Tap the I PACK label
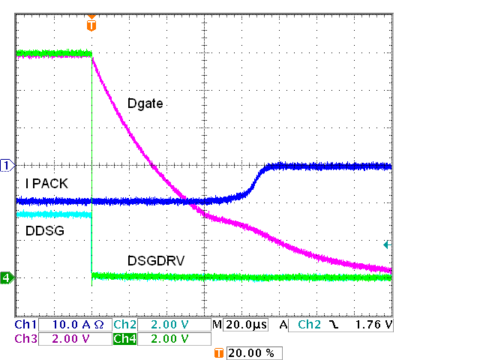click(47, 183)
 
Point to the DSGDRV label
click(155, 260)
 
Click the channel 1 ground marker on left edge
click(7, 165)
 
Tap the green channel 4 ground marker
click(7, 277)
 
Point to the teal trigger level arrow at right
click(387, 244)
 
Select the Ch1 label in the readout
click(25, 325)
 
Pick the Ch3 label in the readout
click(25, 339)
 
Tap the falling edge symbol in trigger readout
click(332, 325)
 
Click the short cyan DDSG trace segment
click(52, 215)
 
